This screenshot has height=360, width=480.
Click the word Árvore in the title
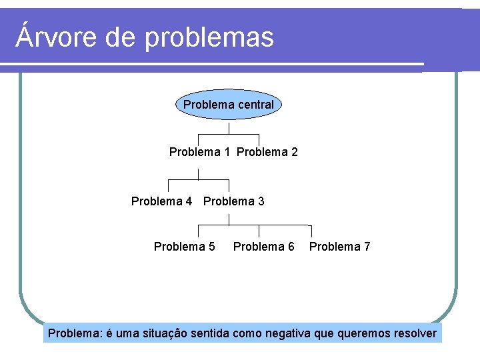pos(55,37)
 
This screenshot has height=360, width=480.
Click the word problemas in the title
pos(209,38)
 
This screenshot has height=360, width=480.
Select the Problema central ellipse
pos(229,105)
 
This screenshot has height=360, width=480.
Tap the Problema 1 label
pos(199,152)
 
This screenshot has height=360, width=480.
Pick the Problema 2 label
pos(267,152)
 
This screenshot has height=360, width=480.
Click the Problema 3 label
pos(233,201)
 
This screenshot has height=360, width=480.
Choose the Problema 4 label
pos(161,201)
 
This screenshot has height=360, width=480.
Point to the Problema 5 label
pos(184,247)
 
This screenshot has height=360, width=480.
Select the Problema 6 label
pos(263,247)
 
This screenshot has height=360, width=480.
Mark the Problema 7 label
pos(339,247)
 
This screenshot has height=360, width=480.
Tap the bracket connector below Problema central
pos(229,133)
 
